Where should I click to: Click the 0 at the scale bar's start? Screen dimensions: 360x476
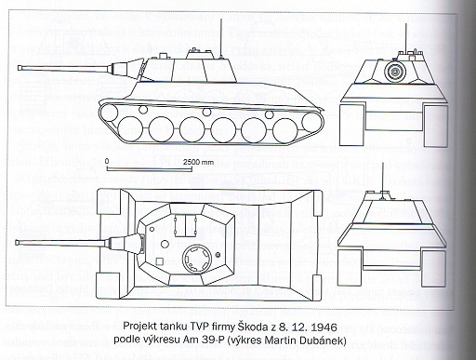click(108, 160)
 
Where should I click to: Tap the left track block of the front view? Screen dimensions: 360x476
click(350, 122)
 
